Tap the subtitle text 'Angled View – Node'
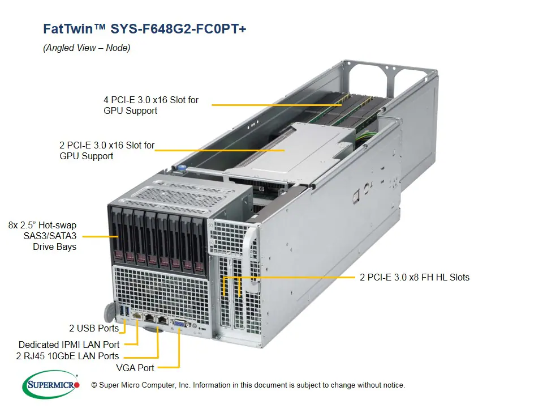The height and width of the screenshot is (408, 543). (87, 48)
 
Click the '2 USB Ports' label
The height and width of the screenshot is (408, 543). (94, 328)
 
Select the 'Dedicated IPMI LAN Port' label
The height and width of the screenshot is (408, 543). (69, 345)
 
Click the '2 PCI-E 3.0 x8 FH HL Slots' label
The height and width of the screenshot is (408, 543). (415, 277)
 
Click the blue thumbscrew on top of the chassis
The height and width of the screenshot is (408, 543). (183, 168)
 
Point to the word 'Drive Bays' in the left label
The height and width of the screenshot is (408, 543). (54, 246)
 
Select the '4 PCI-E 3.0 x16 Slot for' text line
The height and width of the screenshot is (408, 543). (151, 100)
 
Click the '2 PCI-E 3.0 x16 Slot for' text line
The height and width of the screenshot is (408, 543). (107, 146)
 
